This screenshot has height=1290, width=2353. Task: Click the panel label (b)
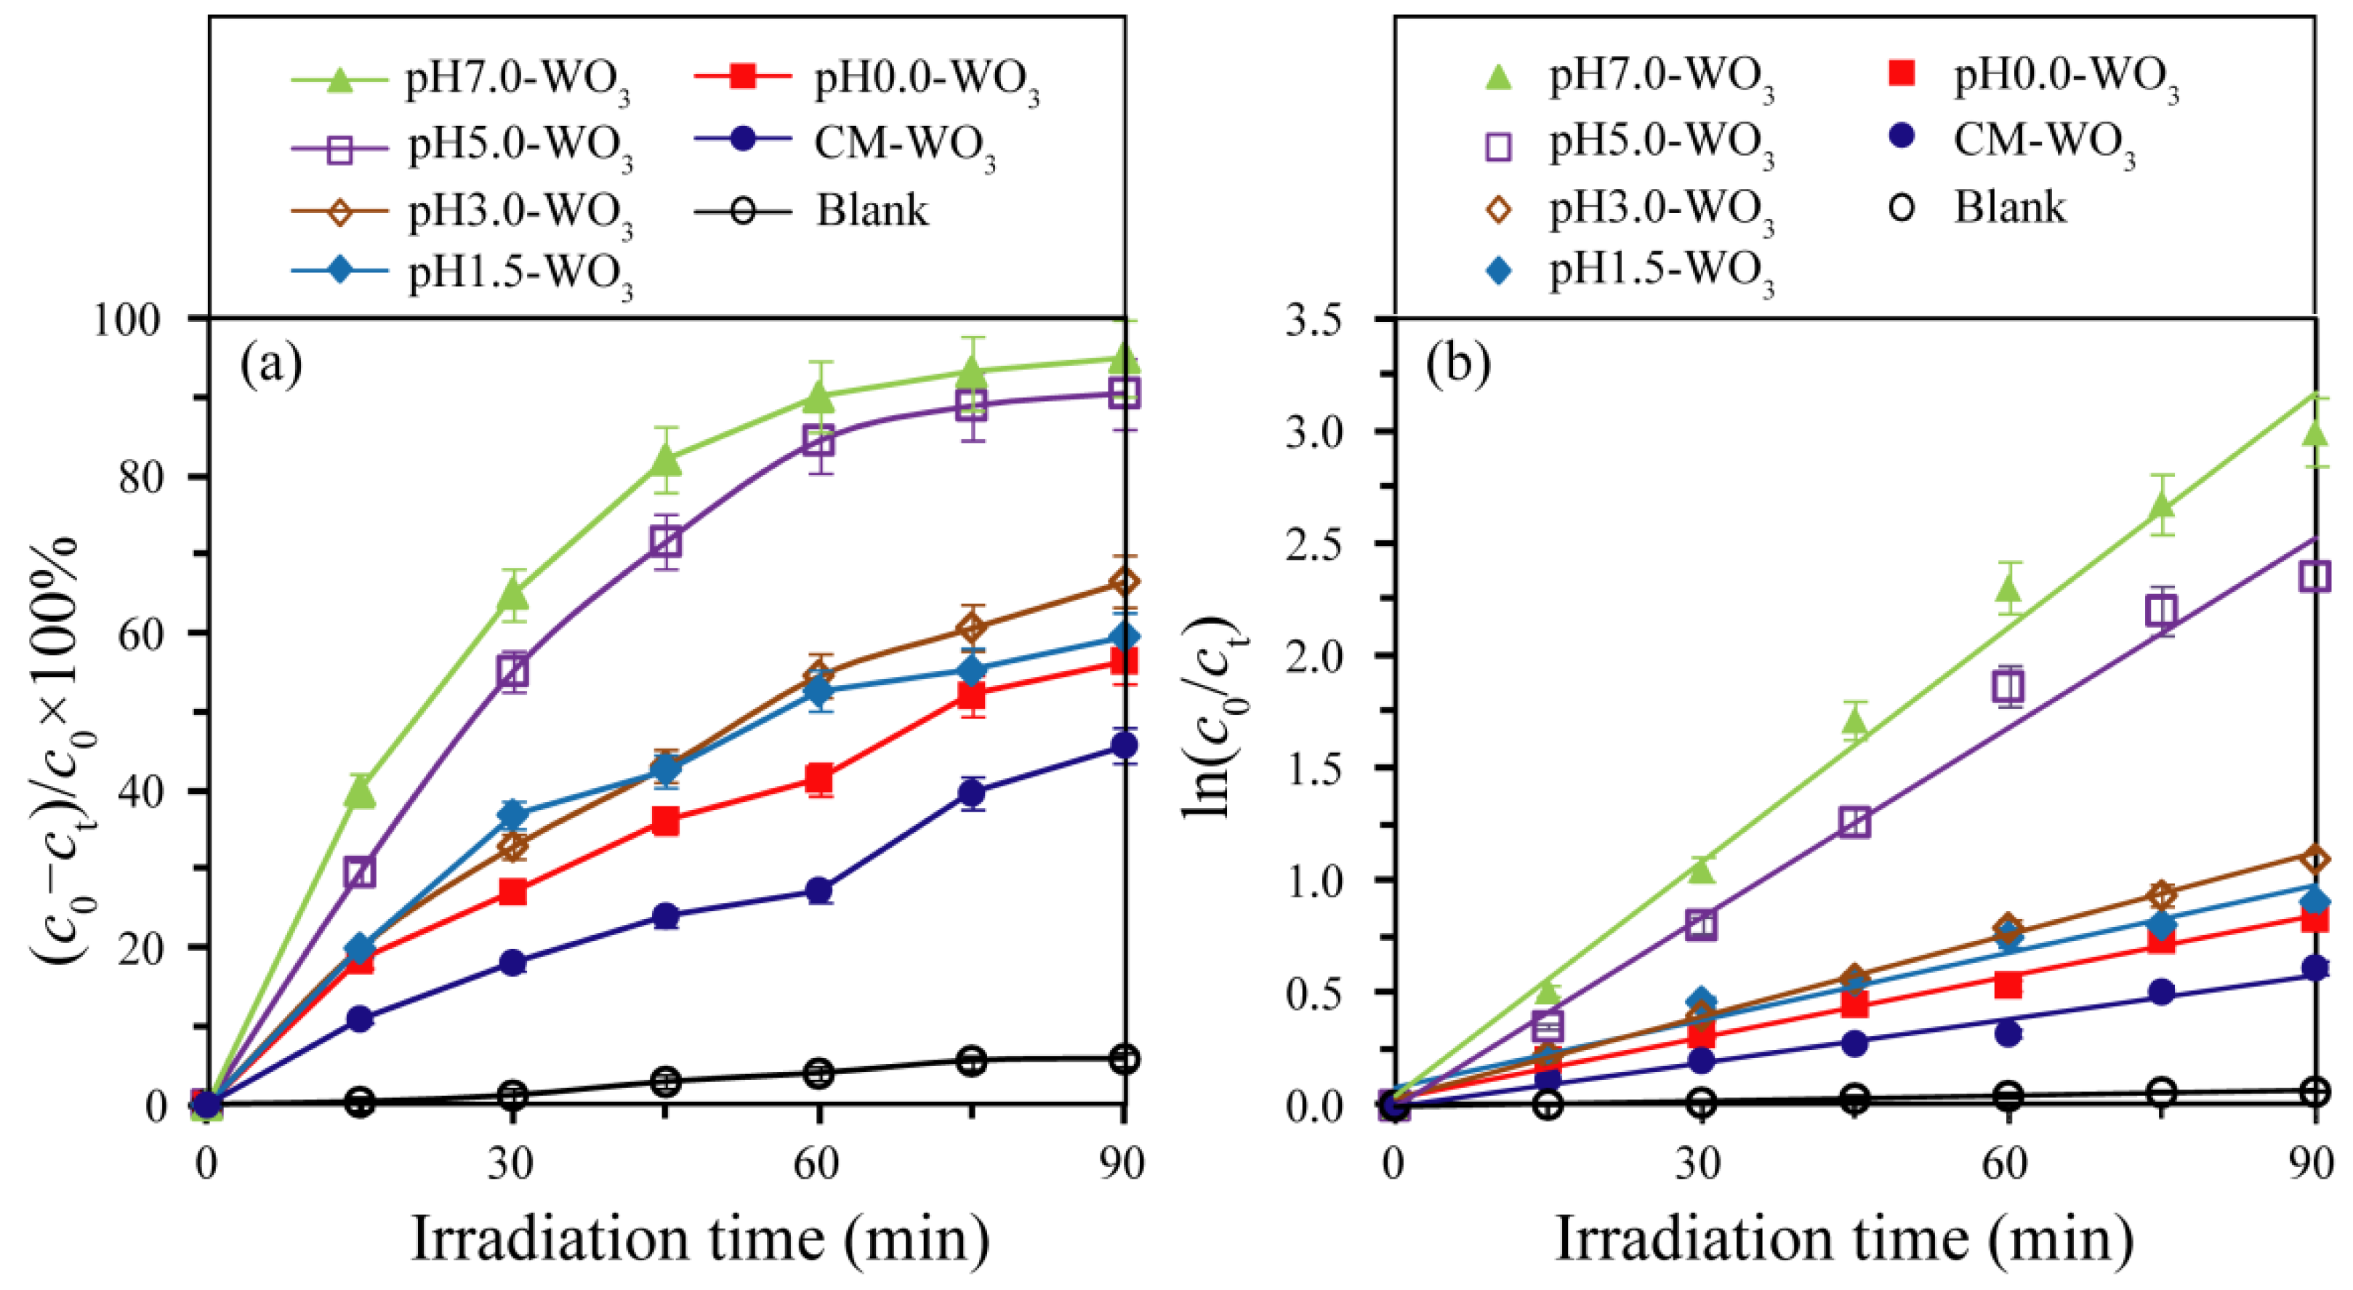click(x=1458, y=364)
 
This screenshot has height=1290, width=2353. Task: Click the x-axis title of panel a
click(x=700, y=1240)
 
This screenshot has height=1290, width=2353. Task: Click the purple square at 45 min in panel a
click(x=666, y=542)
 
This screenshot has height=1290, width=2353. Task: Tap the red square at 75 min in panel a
click(x=972, y=696)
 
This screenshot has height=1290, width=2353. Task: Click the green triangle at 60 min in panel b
click(x=2008, y=589)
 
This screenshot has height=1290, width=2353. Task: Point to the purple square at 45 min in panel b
click(x=1854, y=822)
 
